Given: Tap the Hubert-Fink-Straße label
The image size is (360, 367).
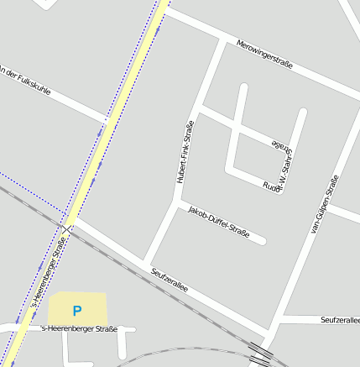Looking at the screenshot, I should tap(185, 152).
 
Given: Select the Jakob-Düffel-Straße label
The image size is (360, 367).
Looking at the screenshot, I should tap(219, 221).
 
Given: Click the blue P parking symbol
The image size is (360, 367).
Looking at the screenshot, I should tap(77, 311).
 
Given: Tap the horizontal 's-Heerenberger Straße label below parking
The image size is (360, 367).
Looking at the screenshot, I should tap(79, 329).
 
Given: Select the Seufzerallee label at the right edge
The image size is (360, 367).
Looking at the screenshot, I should tap(340, 320).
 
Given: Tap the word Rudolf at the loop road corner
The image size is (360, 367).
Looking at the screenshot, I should tap(270, 186).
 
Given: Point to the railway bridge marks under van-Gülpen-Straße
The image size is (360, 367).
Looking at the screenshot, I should tap(260, 353).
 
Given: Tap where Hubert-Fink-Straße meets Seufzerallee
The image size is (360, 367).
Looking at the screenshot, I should tap(146, 260).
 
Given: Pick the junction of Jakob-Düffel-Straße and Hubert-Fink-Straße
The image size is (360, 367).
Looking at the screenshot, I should tap(176, 202).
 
